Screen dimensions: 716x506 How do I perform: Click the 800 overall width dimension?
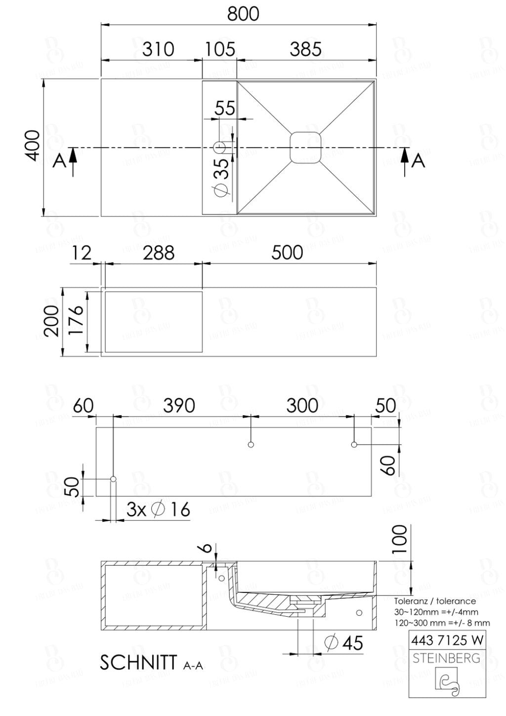pos(243,14)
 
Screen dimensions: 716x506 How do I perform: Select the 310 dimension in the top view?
pos(158,49)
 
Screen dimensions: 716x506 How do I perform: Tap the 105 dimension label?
pos(220,49)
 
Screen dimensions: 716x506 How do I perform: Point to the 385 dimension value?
pos(305,49)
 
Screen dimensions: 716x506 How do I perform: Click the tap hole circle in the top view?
pos(219,147)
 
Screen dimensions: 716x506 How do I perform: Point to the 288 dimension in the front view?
pos(159,253)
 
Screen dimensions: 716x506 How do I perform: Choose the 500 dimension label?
pos(287,253)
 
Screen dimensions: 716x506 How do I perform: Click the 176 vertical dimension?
pos(76,321)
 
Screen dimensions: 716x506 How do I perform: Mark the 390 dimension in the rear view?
pos(179,406)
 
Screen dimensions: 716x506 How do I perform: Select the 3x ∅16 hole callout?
pos(158,509)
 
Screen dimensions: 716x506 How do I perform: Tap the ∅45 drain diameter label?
pos(344,643)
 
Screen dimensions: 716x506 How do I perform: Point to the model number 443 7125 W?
pos(447,640)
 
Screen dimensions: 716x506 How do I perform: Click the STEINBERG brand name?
pos(447,658)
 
